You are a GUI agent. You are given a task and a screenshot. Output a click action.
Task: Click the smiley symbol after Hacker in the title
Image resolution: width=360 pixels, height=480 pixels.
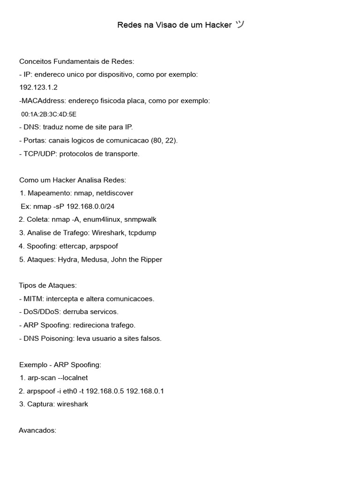click(x=240, y=25)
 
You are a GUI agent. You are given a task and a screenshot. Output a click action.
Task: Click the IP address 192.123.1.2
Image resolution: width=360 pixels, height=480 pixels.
click(x=38, y=88)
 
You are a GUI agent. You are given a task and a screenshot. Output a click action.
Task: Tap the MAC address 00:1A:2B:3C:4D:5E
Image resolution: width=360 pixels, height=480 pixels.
click(x=49, y=114)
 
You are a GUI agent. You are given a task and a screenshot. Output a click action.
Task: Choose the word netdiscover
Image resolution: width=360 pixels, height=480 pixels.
click(x=114, y=193)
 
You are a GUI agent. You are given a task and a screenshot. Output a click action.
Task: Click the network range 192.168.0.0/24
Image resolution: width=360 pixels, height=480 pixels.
click(x=90, y=206)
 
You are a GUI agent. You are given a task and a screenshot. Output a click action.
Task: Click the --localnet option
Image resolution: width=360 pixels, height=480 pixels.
click(x=73, y=378)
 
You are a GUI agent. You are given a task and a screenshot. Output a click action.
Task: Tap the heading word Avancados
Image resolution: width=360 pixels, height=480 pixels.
click(x=37, y=430)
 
